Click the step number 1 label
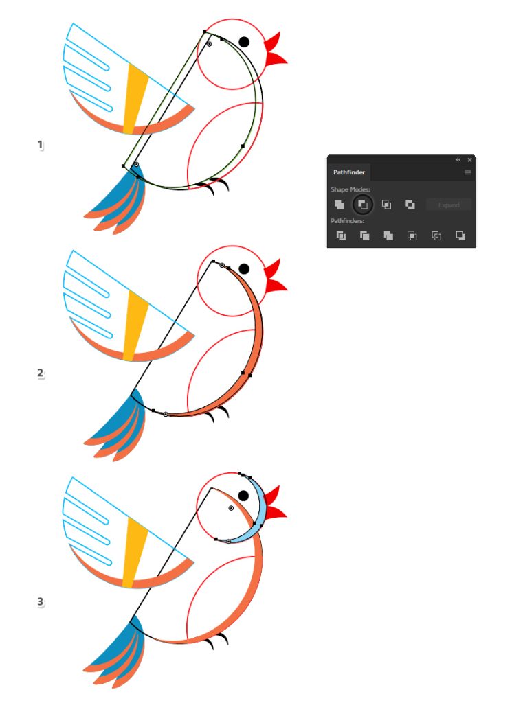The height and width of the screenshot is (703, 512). (41, 145)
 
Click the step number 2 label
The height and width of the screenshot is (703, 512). (41, 373)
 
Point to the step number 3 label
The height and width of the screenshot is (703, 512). (41, 601)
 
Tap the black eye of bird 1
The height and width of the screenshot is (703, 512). (244, 42)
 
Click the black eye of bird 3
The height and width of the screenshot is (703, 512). (243, 496)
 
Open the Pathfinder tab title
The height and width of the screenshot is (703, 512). (348, 172)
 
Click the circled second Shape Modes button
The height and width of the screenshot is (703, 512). (363, 205)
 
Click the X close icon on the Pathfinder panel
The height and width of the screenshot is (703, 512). (469, 159)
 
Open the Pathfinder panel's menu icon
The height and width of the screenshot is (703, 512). (467, 172)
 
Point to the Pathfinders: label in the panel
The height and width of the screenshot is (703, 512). (347, 220)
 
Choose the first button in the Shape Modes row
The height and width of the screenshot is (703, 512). (340, 205)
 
